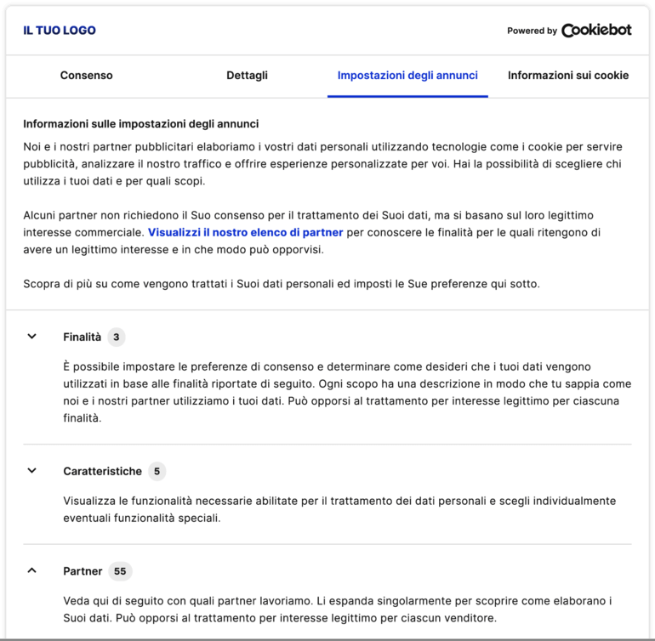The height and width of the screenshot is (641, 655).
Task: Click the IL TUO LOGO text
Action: click(x=60, y=31)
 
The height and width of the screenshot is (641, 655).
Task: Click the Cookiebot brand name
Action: click(x=596, y=30)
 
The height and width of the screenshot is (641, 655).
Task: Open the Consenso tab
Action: click(x=86, y=76)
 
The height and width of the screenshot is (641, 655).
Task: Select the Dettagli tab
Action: click(x=247, y=76)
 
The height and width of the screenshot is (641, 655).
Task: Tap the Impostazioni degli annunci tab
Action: click(x=407, y=76)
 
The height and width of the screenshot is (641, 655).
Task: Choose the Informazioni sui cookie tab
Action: click(x=568, y=76)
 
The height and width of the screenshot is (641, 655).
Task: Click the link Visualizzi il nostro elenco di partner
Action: click(x=246, y=232)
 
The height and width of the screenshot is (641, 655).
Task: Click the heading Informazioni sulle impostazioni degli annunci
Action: click(x=141, y=124)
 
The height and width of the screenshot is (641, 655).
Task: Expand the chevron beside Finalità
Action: click(x=32, y=337)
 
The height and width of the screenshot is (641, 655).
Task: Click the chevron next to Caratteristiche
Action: click(x=32, y=470)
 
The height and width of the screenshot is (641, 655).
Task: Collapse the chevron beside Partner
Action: click(x=32, y=570)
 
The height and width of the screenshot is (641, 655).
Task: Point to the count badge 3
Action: click(x=117, y=338)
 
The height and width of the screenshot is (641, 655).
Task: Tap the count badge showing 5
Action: click(x=156, y=471)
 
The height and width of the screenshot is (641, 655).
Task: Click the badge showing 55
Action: click(x=120, y=571)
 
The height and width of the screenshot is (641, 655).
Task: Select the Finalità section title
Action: click(x=82, y=338)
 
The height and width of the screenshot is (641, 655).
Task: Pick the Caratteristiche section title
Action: click(x=102, y=471)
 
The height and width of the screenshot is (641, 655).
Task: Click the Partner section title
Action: click(x=83, y=571)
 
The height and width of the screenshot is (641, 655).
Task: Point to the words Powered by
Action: click(x=532, y=31)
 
